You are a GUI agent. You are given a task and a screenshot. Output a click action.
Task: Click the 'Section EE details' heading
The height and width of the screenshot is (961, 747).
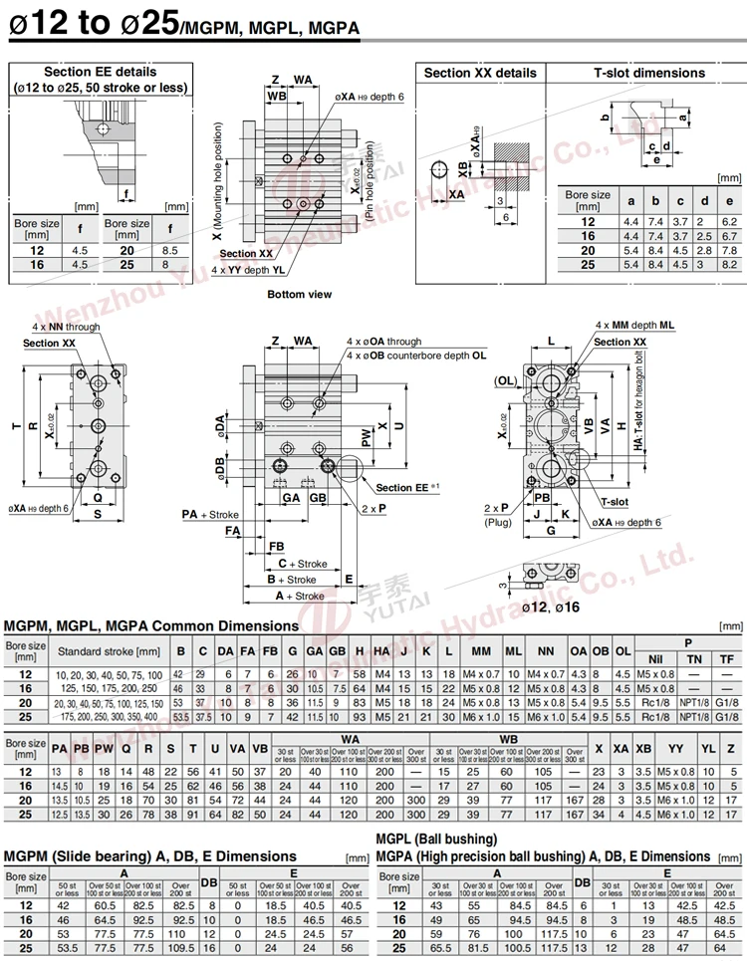pyautogui.click(x=100, y=72)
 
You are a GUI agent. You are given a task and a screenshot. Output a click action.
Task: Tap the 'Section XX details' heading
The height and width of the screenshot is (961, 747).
pyautogui.click(x=480, y=73)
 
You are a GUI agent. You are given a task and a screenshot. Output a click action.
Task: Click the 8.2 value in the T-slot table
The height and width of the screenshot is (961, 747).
pyautogui.click(x=729, y=265)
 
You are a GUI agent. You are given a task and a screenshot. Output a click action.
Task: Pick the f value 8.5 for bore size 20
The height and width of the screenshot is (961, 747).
pyautogui.click(x=169, y=251)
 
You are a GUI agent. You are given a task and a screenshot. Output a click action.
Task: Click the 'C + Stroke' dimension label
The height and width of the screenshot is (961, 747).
pyautogui.click(x=302, y=564)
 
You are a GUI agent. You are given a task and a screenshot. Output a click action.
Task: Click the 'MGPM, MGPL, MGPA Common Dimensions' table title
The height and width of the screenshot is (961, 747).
pyautogui.click(x=151, y=625)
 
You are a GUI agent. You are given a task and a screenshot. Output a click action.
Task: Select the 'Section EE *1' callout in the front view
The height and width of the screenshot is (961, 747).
pyautogui.click(x=408, y=487)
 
